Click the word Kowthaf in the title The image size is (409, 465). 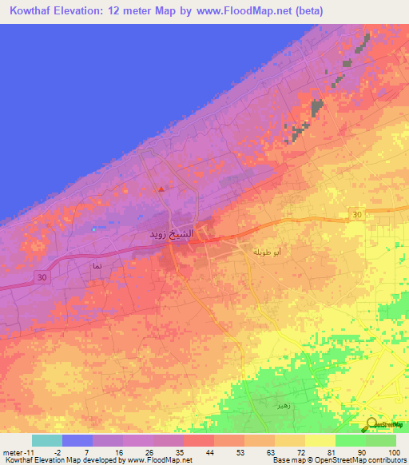(x=33, y=11)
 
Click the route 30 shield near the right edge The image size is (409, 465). (x=356, y=213)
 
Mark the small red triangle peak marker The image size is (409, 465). (x=161, y=189)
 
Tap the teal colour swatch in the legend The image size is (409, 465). (x=47, y=440)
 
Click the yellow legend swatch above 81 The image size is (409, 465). (x=320, y=440)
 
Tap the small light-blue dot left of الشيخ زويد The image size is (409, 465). (x=93, y=229)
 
